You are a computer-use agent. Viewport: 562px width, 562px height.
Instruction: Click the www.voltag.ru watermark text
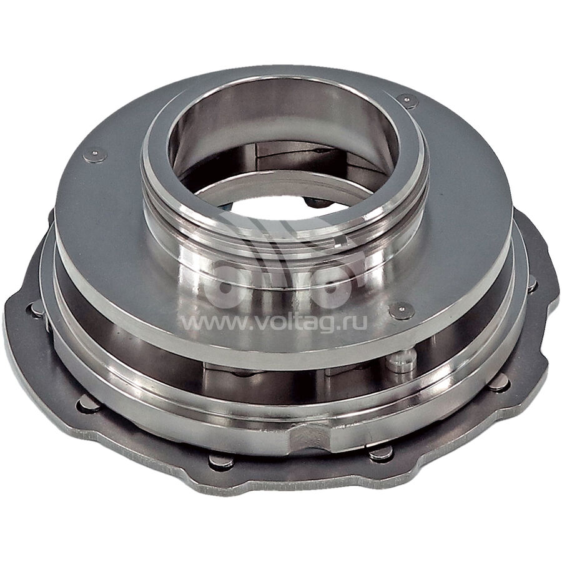tap(275, 323)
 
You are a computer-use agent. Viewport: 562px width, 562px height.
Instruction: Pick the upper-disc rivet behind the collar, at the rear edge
tap(408, 101)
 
